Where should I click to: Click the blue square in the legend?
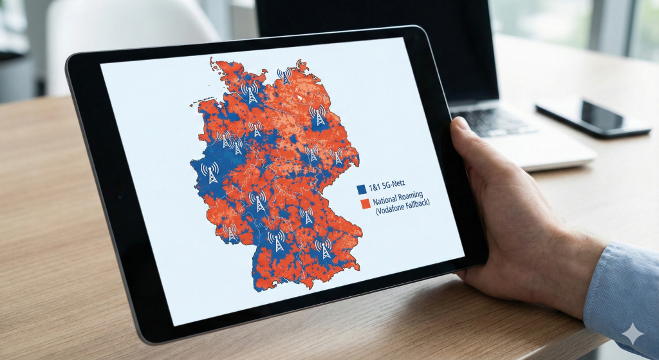click(x=361, y=189)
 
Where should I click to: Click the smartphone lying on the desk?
click(x=592, y=117)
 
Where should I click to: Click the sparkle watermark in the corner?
click(x=633, y=334)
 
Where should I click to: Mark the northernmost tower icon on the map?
click(x=284, y=75)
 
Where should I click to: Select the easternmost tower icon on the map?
click(x=337, y=155)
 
